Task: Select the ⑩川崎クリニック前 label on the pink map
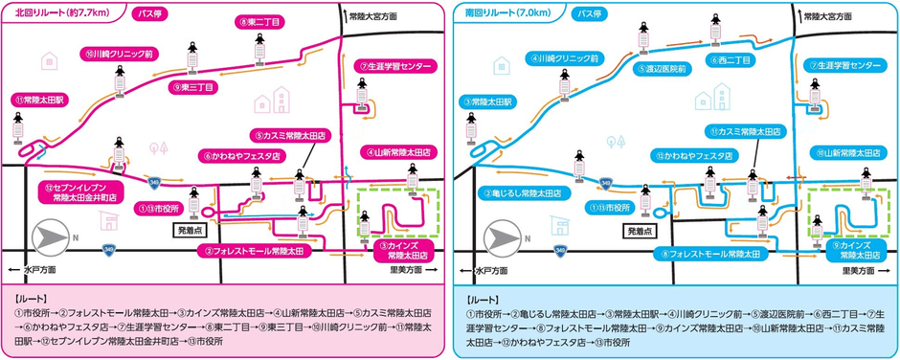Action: tap(119, 55)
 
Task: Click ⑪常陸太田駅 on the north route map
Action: tap(39, 100)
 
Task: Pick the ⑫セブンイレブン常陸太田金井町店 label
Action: tap(84, 191)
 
